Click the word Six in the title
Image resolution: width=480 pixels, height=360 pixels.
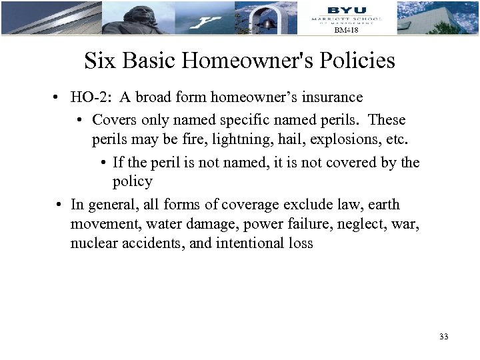coord(97,61)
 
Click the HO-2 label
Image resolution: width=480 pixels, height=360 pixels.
coord(90,97)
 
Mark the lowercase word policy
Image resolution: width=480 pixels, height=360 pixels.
coord(133,181)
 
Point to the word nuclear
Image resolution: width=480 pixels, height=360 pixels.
coord(93,243)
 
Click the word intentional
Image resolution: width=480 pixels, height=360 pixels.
coord(250,243)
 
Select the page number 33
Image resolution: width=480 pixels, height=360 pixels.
coord(444,337)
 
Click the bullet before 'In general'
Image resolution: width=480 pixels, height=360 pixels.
coord(59,204)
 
